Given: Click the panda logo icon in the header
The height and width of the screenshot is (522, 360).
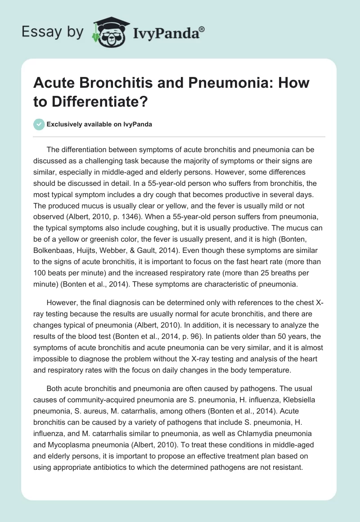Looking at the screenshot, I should coord(110,32).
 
